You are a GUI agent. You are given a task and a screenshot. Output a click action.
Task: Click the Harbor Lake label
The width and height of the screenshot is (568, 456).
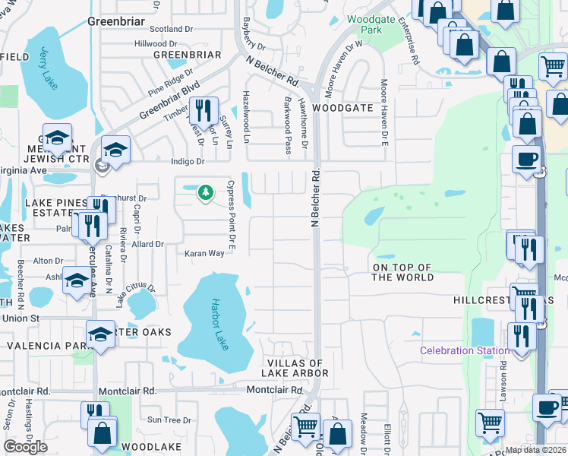pyautogui.click(x=218, y=323)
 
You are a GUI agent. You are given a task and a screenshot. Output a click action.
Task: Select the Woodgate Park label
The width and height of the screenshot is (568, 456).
pyautogui.click(x=364, y=24)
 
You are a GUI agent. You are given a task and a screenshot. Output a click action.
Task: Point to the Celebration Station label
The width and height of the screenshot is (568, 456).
pyautogui.click(x=465, y=350)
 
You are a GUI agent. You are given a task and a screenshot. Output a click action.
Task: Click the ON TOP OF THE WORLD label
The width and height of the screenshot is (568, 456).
pyautogui.click(x=402, y=272)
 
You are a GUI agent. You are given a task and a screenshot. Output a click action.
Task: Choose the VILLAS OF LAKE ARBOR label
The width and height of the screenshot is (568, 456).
pyautogui.click(x=295, y=369)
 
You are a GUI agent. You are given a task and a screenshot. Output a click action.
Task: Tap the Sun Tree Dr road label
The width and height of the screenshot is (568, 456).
pyautogui.click(x=169, y=420)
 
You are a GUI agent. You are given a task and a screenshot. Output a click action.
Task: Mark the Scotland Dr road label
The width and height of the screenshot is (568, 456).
pyautogui.click(x=172, y=30)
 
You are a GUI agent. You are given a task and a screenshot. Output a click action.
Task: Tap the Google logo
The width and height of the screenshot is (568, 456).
pyautogui.click(x=26, y=446)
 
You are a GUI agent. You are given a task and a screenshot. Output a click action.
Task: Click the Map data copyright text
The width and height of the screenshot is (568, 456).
pyautogui.click(x=535, y=450)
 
